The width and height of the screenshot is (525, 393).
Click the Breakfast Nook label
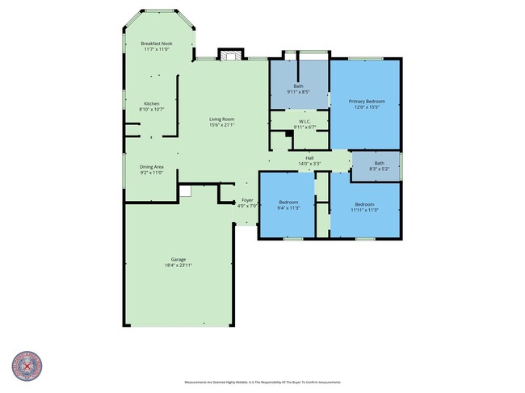click(157, 44)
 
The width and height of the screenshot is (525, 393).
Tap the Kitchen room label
click(152, 103)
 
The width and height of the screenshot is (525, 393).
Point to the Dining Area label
click(152, 166)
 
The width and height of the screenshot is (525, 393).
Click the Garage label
click(178, 259)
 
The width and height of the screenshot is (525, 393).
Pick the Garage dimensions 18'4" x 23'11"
click(178, 265)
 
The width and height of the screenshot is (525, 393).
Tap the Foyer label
click(246, 199)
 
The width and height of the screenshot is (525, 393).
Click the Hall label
click(309, 158)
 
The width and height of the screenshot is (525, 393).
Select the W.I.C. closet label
click(299, 121)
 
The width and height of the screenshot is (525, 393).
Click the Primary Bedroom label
click(367, 101)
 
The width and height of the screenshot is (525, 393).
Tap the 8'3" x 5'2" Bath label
click(379, 168)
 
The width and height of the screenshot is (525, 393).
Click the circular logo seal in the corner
click(26, 366)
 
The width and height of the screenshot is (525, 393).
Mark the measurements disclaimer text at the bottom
click(262, 382)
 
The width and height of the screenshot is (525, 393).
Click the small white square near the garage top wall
click(185, 191)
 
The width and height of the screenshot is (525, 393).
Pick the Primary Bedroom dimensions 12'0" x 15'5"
click(367, 107)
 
